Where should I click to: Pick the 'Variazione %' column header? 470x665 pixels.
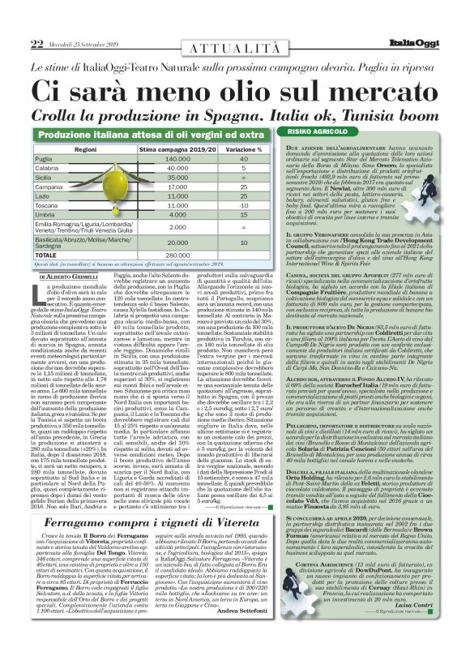(x=243, y=150)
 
